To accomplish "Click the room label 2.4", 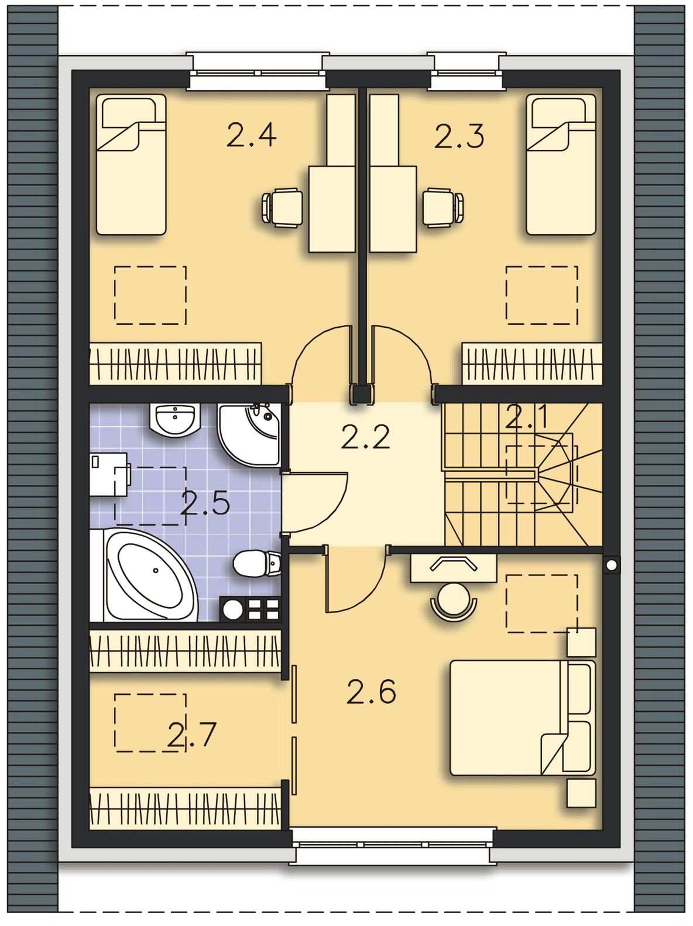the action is pyautogui.click(x=251, y=135).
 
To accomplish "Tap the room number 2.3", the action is pyautogui.click(x=459, y=135).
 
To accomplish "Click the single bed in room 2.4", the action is pyautogui.click(x=131, y=164).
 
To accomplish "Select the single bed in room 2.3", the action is pyautogui.click(x=561, y=164).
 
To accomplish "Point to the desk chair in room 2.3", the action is pyautogui.click(x=443, y=208).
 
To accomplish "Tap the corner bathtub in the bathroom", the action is pyautogui.click(x=145, y=575).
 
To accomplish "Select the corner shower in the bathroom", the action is pyautogui.click(x=249, y=434).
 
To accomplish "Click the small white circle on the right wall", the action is pyautogui.click(x=612, y=564).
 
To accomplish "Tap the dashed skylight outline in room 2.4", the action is pyautogui.click(x=150, y=296).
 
